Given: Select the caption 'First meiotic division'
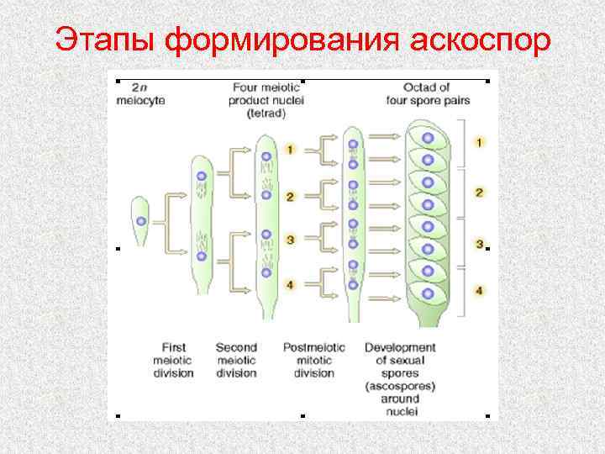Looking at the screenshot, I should click(x=175, y=360).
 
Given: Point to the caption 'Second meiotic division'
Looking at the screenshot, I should click(x=236, y=360).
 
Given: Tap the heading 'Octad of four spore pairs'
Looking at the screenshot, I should click(x=428, y=93).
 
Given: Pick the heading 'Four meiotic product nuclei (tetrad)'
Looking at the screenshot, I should click(x=268, y=100).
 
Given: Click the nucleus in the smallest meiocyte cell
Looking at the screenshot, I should click(x=141, y=221).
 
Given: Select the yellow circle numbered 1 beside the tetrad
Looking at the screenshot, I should click(x=289, y=149).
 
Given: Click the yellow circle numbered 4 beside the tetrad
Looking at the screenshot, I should click(x=289, y=285).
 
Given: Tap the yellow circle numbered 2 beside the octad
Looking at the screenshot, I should click(x=479, y=193).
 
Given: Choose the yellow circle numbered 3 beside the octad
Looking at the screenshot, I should click(x=479, y=244).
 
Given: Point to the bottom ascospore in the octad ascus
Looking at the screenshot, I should click(x=428, y=293).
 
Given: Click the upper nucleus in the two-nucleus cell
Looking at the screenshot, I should click(x=201, y=177).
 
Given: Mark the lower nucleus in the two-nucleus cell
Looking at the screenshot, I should click(x=201, y=256).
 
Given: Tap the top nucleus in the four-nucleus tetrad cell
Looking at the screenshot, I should click(x=266, y=156).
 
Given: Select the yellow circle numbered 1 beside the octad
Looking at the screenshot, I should click(x=479, y=142).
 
